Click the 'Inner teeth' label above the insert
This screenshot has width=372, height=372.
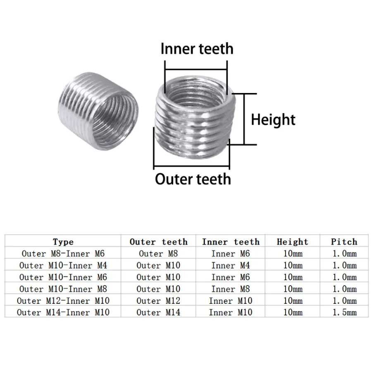197,49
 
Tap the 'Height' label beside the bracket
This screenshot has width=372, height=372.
273,120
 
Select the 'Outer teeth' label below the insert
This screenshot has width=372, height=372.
193,179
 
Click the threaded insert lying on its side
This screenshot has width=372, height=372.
98,111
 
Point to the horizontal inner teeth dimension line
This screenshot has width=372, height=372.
196,69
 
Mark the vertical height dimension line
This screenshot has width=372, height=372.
244,119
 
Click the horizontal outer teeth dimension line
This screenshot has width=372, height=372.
192,166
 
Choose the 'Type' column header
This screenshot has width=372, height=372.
63,242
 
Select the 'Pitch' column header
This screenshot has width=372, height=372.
344,241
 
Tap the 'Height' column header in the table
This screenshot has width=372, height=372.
293,242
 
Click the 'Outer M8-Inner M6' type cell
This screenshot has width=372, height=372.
63,254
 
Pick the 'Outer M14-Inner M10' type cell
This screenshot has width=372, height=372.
63,312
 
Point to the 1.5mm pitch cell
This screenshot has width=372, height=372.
344,312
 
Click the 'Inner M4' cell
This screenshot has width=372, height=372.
231,265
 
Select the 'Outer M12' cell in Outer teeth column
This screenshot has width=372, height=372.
158,300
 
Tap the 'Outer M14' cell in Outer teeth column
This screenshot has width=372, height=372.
158,312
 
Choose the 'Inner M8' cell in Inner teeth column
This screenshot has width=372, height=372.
231,289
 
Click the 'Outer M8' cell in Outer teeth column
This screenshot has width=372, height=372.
158,254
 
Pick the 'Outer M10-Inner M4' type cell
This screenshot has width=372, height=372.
63,265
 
